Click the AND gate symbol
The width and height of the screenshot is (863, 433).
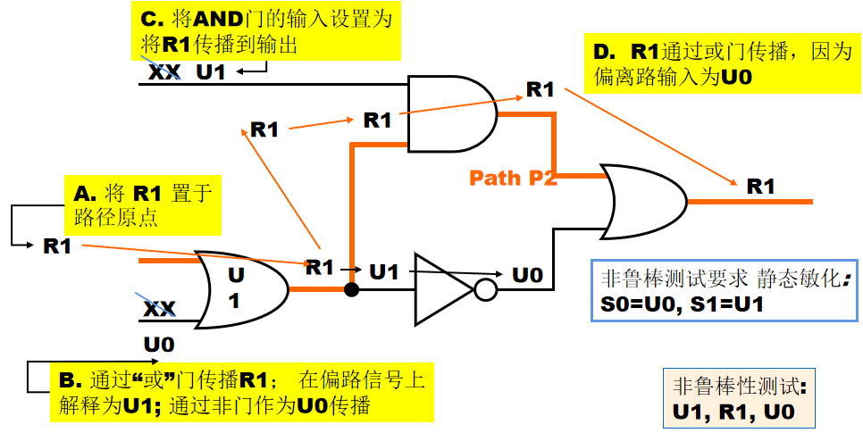[451, 114]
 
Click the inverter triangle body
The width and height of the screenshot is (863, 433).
[443, 289]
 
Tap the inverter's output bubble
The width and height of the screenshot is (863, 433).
[485, 289]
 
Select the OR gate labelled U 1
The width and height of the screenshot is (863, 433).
[242, 290]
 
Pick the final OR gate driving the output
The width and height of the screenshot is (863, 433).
[644, 202]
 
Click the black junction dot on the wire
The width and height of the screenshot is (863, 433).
[352, 289]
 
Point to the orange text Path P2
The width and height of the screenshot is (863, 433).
[513, 178]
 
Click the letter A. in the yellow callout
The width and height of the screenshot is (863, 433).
[84, 195]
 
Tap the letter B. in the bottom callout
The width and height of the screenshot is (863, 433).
[70, 380]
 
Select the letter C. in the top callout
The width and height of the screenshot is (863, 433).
[152, 19]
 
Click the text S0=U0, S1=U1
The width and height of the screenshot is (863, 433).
[682, 304]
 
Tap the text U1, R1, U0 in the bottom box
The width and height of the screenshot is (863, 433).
[733, 412]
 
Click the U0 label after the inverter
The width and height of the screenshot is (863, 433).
[528, 275]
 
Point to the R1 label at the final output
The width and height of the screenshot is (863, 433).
[760, 187]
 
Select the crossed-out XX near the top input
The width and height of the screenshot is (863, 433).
[163, 72]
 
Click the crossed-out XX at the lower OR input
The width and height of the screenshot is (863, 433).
[160, 309]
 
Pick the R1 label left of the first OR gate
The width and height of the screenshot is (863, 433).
[57, 246]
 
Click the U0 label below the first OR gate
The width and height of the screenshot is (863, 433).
[159, 345]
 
